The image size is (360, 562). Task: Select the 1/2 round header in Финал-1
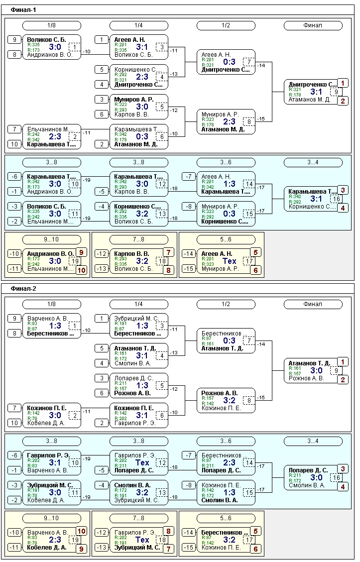226,25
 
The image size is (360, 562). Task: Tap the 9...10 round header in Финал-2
51,518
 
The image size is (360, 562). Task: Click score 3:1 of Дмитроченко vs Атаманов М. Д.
316,92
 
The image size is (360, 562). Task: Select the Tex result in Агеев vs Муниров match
230,261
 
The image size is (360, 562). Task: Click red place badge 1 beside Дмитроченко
342,83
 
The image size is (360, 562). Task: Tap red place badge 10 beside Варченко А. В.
81,531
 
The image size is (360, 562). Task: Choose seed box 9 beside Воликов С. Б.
14,40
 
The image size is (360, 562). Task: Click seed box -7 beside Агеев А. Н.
189,177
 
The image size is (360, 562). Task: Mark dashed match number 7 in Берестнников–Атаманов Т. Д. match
248,341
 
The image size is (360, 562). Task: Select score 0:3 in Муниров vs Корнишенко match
230,214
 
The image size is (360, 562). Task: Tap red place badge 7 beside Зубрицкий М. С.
168,549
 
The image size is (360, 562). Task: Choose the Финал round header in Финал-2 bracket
313,304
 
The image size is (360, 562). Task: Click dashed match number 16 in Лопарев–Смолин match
336,478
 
